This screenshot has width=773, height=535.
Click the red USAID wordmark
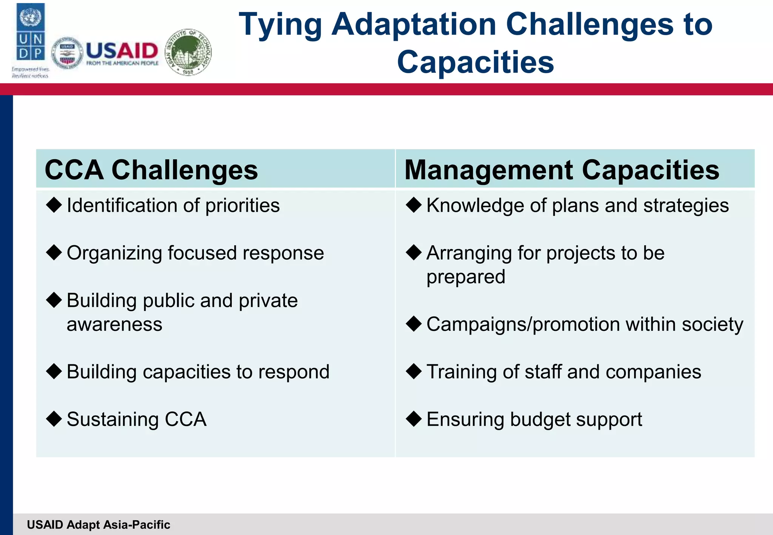122,51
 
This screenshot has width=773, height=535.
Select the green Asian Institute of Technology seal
189,52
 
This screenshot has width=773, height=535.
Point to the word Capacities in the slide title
475,62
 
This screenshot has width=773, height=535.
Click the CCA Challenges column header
151,170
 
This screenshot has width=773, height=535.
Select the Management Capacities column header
562,170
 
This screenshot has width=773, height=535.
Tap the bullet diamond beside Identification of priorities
54,205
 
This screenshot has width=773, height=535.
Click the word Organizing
114,253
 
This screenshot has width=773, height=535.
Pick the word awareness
114,324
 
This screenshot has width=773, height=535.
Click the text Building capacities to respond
198,372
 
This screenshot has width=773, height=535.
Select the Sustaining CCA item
136,419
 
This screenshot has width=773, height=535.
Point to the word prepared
465,277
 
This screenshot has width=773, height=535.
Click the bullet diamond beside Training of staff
414,371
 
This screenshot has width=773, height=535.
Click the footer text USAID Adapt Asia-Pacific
99,525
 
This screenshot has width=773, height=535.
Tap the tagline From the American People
122,63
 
